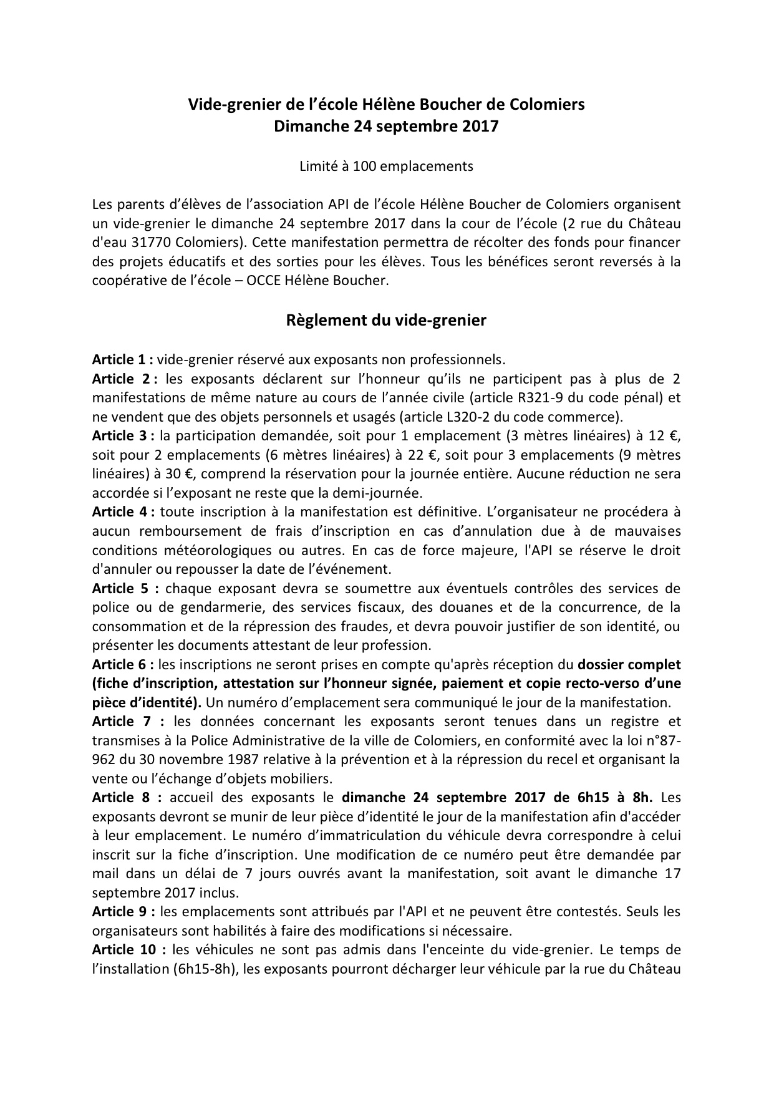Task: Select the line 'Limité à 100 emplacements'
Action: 386,166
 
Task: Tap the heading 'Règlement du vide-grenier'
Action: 386,321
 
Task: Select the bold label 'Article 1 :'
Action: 122,359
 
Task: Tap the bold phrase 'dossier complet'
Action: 629,664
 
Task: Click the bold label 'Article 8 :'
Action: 127,797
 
